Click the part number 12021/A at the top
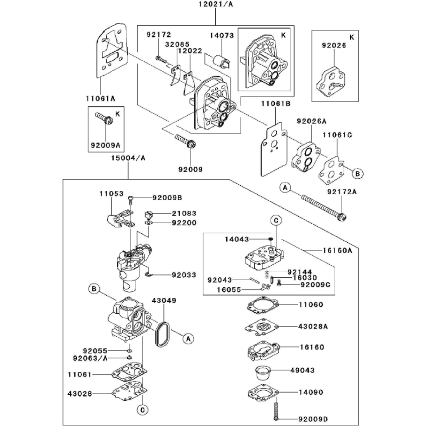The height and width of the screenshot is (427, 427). click(x=204, y=4)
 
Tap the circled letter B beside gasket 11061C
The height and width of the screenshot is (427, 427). click(x=358, y=173)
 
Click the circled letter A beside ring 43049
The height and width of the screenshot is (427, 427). click(x=187, y=338)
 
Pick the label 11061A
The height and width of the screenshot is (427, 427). click(x=100, y=98)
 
